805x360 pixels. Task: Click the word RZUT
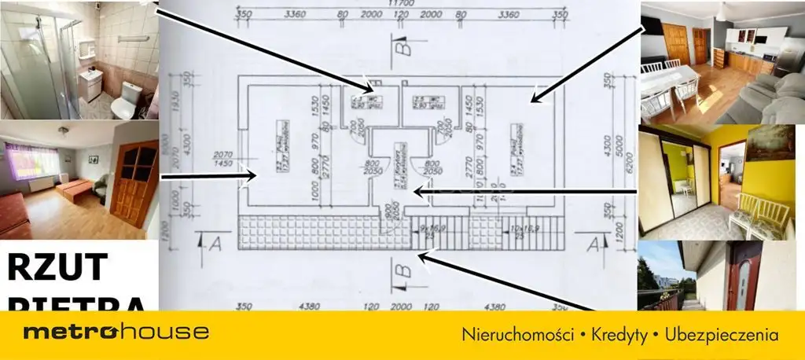pos(57,267)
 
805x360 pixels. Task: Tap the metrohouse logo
pos(116,332)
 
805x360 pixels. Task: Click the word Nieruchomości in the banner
pos(516,334)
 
